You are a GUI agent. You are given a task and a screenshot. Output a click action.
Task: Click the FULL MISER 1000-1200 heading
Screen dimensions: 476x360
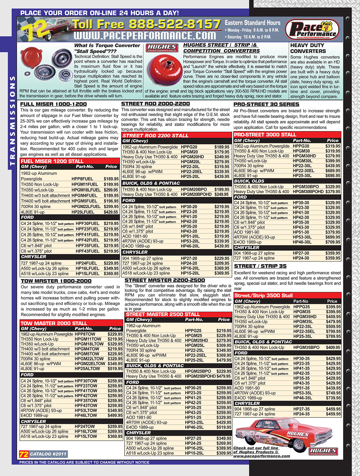[x=53, y=104]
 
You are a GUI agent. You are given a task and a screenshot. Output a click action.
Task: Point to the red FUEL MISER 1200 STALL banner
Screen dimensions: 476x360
[x=52, y=161]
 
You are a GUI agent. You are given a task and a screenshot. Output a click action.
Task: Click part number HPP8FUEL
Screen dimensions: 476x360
[x=82, y=179]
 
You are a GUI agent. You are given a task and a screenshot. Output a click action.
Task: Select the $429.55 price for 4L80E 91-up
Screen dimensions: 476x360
[x=111, y=212]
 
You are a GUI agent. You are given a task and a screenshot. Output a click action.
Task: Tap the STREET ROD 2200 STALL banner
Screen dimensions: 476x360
[x=156, y=136]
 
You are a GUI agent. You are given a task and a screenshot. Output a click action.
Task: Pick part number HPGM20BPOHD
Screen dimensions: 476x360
[x=196, y=194]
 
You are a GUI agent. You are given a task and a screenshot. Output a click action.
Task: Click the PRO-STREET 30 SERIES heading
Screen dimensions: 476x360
[x=266, y=104]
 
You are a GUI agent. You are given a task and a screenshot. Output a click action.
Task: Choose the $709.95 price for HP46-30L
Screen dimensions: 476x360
[x=333, y=242]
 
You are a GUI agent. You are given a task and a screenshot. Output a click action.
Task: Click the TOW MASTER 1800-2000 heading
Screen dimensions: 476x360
[x=56, y=281]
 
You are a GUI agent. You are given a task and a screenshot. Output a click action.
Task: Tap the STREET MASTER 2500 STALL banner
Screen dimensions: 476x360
[x=163, y=314]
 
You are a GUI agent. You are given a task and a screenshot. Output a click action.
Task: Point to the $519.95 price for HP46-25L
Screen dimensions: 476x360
[x=224, y=427]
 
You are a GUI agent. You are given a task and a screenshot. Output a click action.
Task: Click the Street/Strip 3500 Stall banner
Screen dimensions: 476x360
[x=264, y=295]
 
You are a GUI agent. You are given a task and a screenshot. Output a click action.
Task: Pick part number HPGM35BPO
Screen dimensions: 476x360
[x=306, y=347]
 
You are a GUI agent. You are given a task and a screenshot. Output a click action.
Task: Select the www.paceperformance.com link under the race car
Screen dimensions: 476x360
[x=261, y=456]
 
